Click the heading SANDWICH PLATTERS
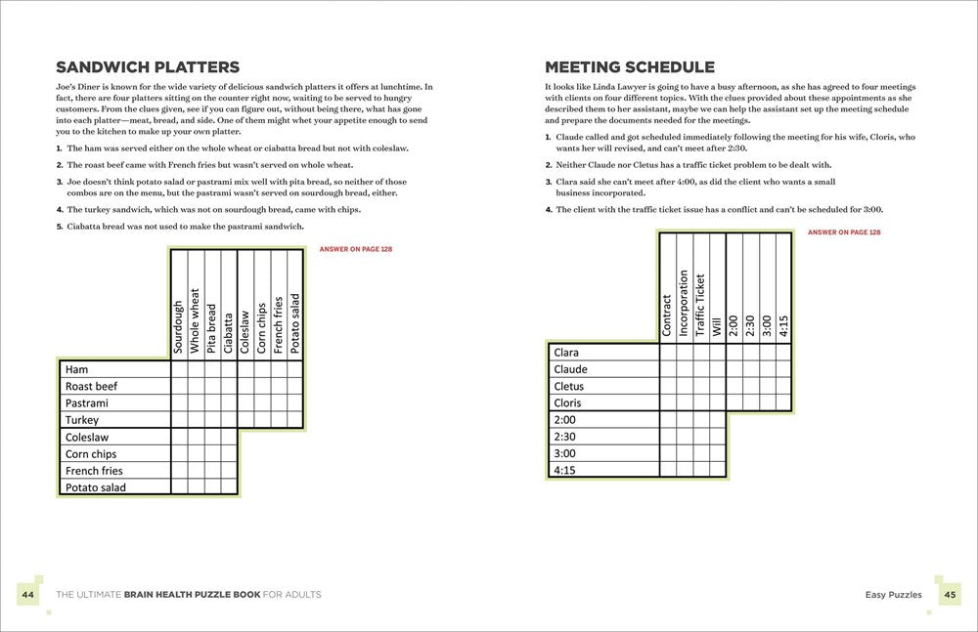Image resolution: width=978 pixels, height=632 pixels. [148, 67]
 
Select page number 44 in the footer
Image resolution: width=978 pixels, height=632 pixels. [26, 594]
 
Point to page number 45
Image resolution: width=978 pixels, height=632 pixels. [949, 594]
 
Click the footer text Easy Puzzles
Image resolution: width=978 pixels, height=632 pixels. [893, 594]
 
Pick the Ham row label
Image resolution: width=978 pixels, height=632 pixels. [76, 369]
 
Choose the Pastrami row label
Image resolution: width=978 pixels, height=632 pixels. [86, 402]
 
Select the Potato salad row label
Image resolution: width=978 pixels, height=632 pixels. [95, 486]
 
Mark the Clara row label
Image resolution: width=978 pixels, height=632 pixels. [566, 353]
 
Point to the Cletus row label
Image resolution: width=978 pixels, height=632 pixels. [568, 386]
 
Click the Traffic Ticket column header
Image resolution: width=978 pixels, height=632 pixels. [700, 304]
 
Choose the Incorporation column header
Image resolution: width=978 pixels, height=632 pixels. [684, 303]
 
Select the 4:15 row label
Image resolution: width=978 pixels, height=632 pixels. [565, 469]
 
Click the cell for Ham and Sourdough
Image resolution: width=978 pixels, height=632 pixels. [179, 369]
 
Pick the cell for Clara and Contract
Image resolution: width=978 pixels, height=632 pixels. [667, 353]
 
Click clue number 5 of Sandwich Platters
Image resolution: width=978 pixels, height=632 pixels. [60, 227]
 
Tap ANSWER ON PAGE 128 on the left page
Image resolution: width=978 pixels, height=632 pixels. [356, 250]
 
